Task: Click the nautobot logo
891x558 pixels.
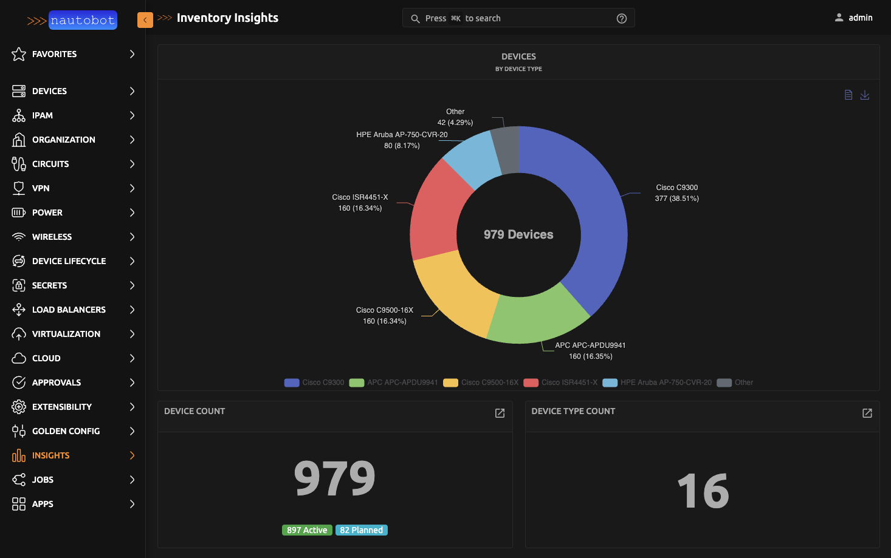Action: (x=72, y=20)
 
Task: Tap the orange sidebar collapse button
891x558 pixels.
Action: (x=145, y=20)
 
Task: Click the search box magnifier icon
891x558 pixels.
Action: (x=415, y=19)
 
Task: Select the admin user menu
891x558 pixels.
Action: (x=853, y=18)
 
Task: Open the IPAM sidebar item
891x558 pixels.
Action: (x=43, y=115)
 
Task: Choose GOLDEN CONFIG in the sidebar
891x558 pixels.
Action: (x=66, y=431)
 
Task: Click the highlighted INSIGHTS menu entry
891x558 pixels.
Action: (x=50, y=455)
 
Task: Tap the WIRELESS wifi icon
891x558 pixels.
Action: (x=19, y=237)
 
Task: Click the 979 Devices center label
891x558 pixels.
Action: (x=518, y=234)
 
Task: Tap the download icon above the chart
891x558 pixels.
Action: (x=865, y=95)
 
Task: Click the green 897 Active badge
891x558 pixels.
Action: (x=307, y=530)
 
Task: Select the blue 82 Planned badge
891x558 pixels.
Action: (x=361, y=530)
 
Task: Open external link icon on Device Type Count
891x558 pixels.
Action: (x=867, y=413)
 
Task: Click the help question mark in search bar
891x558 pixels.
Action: (x=621, y=18)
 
